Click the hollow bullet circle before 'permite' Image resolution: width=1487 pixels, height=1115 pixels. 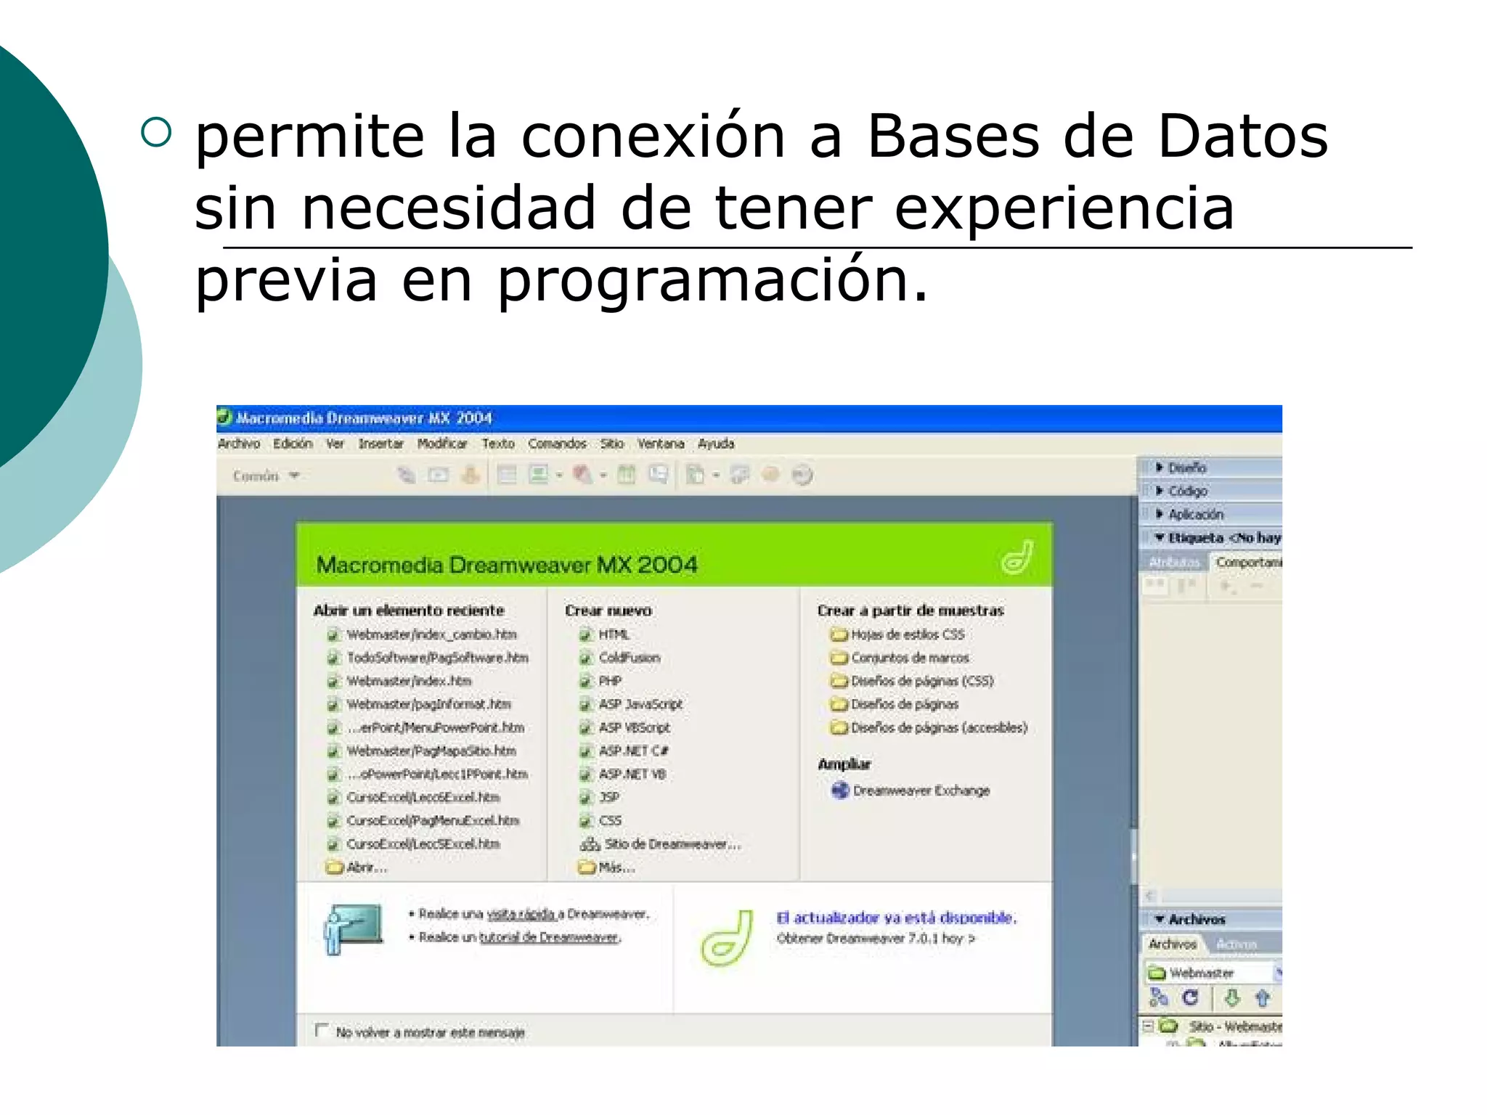156,132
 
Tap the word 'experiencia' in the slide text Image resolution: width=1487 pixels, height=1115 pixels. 1064,208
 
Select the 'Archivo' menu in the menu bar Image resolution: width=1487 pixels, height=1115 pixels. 239,444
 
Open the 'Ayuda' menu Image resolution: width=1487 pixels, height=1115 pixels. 716,444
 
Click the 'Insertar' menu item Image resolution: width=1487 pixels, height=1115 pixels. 380,444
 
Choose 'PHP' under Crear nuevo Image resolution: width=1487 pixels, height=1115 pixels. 610,681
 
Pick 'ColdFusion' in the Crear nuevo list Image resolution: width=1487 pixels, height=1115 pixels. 629,658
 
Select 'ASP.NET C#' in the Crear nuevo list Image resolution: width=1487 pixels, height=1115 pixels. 633,751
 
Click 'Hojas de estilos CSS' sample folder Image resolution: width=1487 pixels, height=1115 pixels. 907,634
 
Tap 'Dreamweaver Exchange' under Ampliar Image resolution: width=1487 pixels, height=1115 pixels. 921,791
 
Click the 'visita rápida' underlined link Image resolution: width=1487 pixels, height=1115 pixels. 521,914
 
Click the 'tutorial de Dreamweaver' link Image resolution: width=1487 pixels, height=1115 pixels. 549,937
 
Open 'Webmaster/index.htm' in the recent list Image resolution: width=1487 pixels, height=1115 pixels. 409,681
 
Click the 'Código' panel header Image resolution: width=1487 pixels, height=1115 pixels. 1187,491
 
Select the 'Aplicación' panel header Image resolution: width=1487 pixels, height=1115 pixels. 1195,514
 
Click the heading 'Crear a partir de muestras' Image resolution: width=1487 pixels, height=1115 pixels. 910,610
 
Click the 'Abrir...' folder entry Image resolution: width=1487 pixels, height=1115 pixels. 366,867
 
